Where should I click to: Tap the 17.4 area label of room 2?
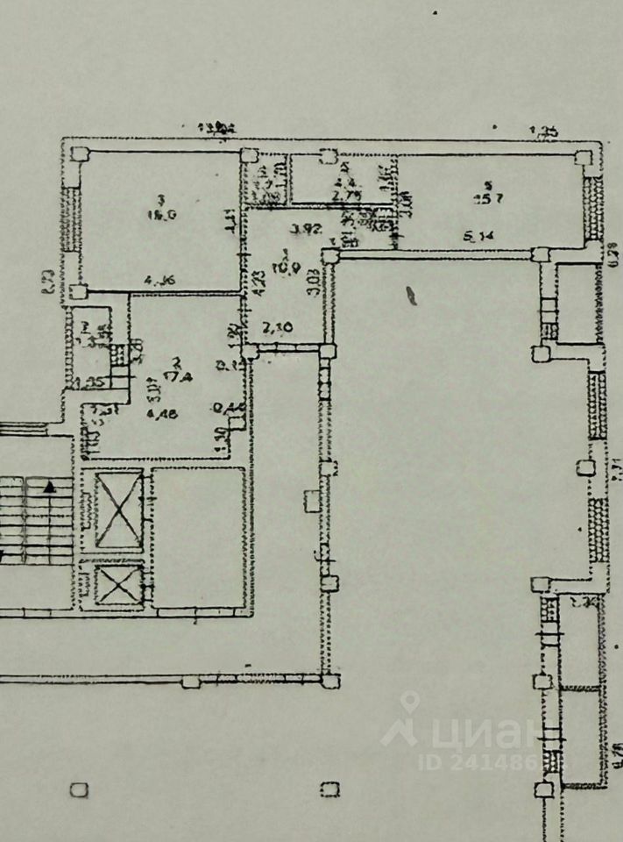point(182,375)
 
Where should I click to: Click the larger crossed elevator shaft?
point(117,510)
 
